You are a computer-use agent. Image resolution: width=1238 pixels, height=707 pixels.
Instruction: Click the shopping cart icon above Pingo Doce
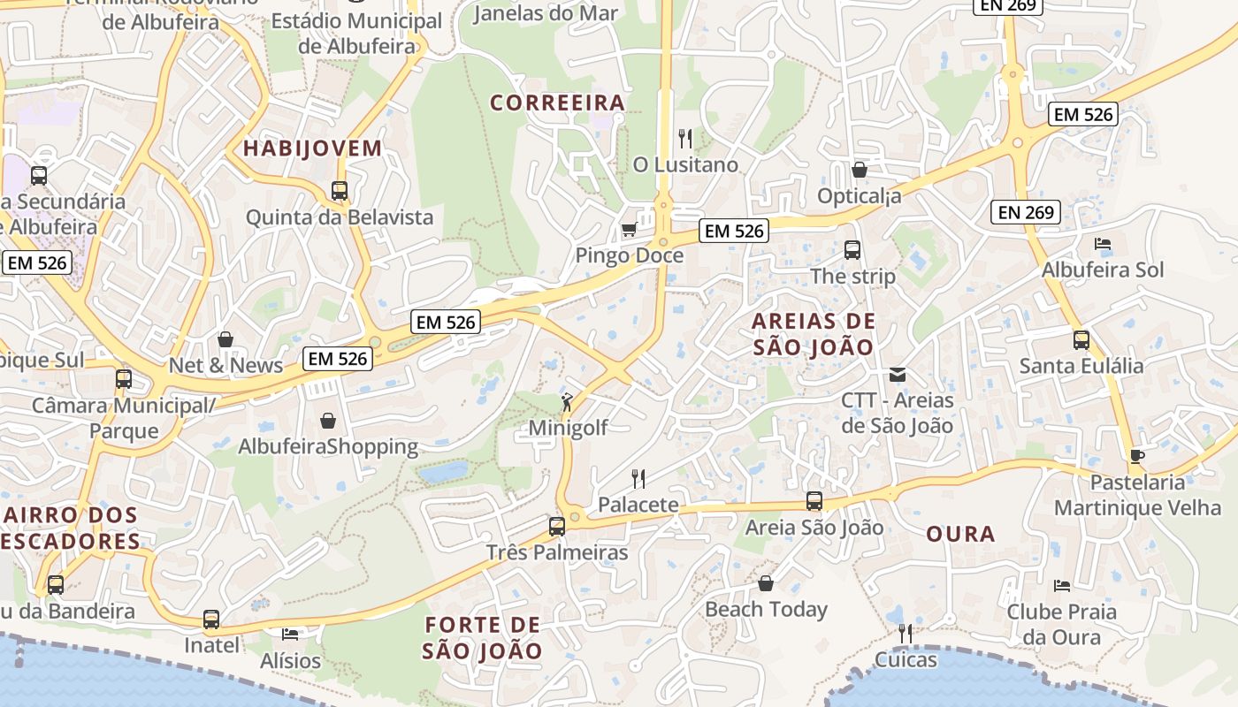click(x=629, y=230)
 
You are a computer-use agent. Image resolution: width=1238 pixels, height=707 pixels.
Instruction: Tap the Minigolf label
click(x=568, y=428)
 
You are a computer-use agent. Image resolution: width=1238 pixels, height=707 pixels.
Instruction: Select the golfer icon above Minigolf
click(x=567, y=402)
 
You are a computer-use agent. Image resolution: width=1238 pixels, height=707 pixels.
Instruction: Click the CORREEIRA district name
click(x=558, y=103)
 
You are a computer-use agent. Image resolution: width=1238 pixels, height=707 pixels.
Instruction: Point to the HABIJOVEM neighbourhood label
click(x=312, y=148)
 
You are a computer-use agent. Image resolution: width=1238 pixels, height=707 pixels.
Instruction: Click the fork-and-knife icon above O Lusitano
click(x=685, y=139)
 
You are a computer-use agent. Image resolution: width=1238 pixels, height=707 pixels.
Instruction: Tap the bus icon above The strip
click(x=852, y=250)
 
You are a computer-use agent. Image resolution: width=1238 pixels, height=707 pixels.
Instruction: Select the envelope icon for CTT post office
click(x=898, y=375)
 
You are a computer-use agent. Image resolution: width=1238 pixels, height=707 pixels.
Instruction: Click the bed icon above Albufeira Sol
click(x=1102, y=244)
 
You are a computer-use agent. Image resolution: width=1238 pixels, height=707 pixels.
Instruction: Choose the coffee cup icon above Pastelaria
click(x=1136, y=456)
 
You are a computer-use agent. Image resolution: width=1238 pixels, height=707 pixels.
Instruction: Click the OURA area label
click(x=960, y=534)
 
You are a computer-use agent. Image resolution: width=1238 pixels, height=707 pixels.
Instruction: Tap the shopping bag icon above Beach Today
click(x=766, y=584)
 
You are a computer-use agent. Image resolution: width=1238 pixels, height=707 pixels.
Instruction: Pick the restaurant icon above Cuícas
click(x=905, y=634)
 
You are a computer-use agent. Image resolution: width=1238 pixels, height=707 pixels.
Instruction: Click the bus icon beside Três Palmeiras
click(x=557, y=527)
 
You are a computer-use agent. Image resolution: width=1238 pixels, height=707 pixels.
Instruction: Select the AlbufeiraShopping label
click(x=328, y=446)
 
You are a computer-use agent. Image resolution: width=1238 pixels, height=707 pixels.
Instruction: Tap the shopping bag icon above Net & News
click(x=225, y=339)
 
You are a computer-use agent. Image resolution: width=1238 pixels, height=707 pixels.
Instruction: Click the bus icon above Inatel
click(x=211, y=620)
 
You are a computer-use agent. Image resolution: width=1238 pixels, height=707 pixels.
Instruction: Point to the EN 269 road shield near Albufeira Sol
click(x=1026, y=212)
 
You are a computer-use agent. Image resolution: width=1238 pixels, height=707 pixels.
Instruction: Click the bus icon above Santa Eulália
click(x=1081, y=340)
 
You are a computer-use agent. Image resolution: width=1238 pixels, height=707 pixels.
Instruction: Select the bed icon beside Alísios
click(x=290, y=634)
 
